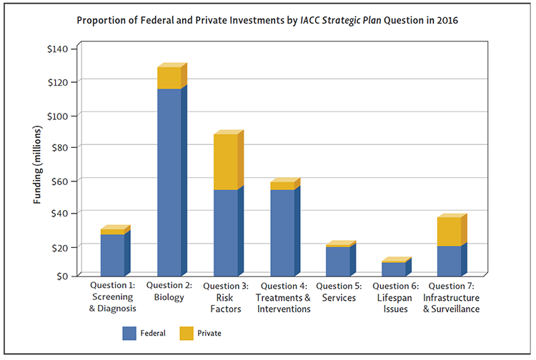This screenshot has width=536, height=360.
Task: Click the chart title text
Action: (268, 20)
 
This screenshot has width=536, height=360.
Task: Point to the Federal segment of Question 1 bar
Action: (112, 254)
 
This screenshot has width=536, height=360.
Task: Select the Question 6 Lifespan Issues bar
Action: (394, 269)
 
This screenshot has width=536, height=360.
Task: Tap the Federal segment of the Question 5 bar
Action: (337, 261)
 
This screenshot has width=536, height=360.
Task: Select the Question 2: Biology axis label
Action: (169, 291)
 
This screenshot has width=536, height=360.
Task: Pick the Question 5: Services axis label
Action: (337, 291)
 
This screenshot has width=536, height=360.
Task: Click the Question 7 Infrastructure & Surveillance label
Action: (449, 297)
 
